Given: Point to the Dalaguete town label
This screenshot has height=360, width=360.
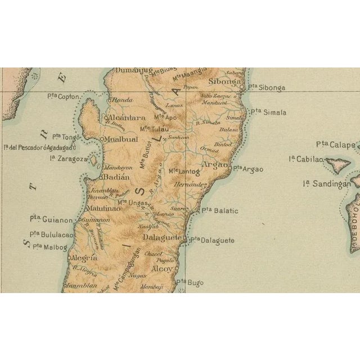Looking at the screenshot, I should [x=164, y=238].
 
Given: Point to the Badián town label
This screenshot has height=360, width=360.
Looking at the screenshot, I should [x=115, y=177].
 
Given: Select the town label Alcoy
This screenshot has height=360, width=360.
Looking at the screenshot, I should [x=163, y=269].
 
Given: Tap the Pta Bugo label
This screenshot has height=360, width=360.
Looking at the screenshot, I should [x=190, y=282].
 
